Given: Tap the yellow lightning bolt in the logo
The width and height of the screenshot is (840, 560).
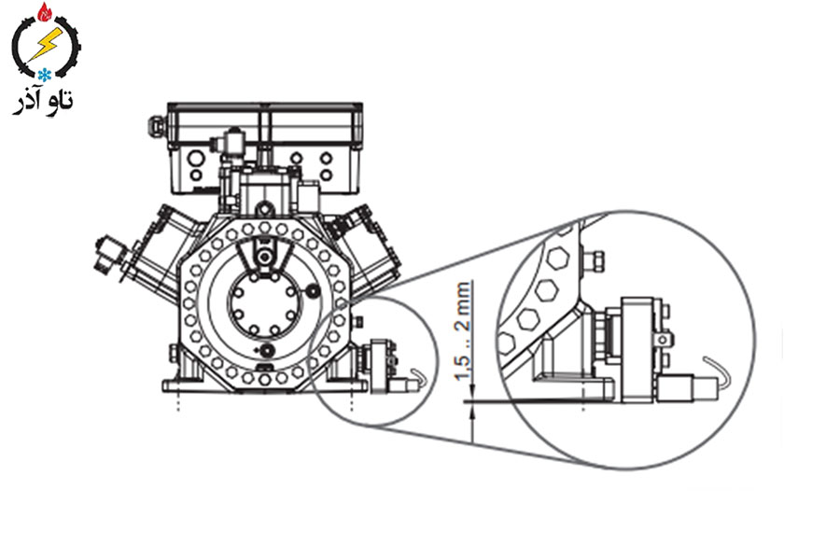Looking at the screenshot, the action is click(x=45, y=44).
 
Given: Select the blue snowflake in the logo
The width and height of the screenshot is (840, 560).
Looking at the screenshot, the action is click(x=44, y=75).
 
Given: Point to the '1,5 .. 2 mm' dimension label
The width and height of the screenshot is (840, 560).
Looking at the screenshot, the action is click(x=463, y=330).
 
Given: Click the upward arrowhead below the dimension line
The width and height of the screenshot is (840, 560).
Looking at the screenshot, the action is click(x=472, y=411).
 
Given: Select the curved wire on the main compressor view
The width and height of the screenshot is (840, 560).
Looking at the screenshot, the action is click(x=417, y=374).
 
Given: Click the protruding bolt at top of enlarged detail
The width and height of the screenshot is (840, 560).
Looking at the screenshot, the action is click(x=595, y=260).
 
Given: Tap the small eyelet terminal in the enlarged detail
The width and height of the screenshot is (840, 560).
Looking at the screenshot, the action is click(x=664, y=339).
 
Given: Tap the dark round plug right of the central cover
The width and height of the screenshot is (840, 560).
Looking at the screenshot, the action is click(x=312, y=291).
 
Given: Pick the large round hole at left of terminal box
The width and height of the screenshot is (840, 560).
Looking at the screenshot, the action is click(x=196, y=158).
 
